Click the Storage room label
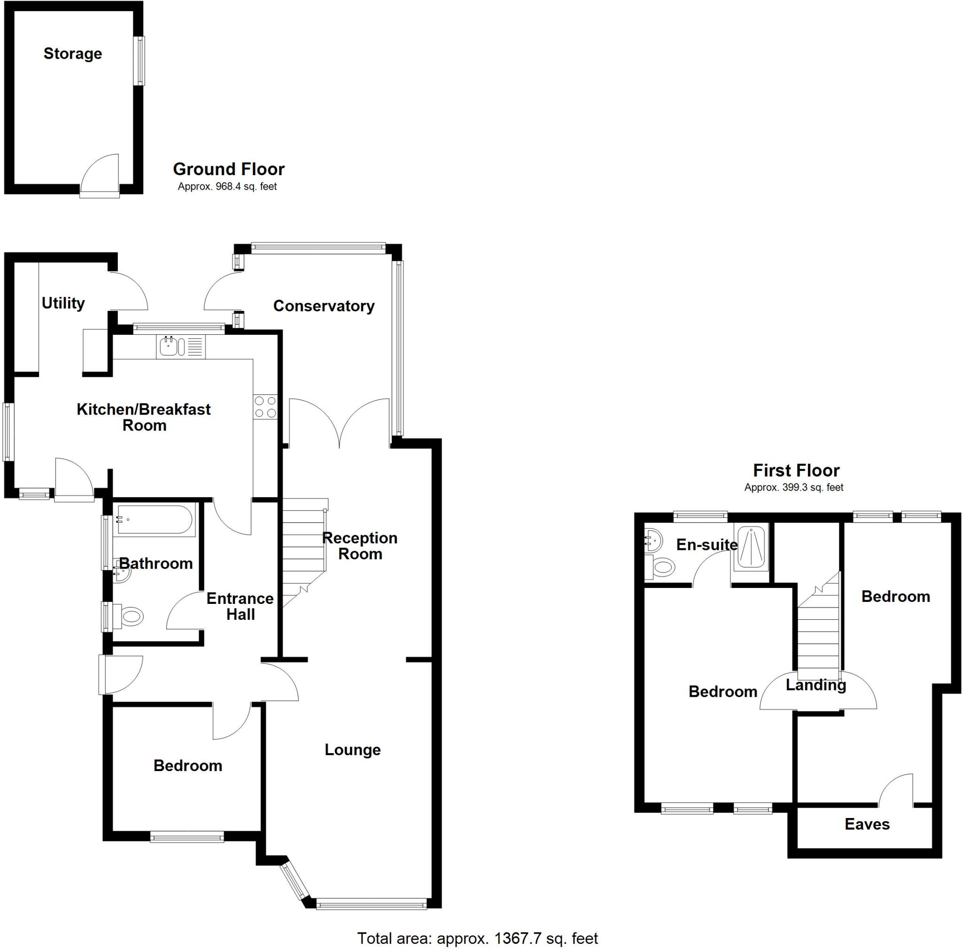pos(73,54)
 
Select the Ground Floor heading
pos(229,169)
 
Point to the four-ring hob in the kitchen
pos(265,407)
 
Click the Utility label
pos(63,303)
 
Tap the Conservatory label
pos(324,306)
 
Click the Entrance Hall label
pos(240,606)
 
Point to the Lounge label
pos(353,749)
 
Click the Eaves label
pos(867,824)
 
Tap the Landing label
pos(815,685)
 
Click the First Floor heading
pos(796,470)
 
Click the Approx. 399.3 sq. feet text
pos(794,488)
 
